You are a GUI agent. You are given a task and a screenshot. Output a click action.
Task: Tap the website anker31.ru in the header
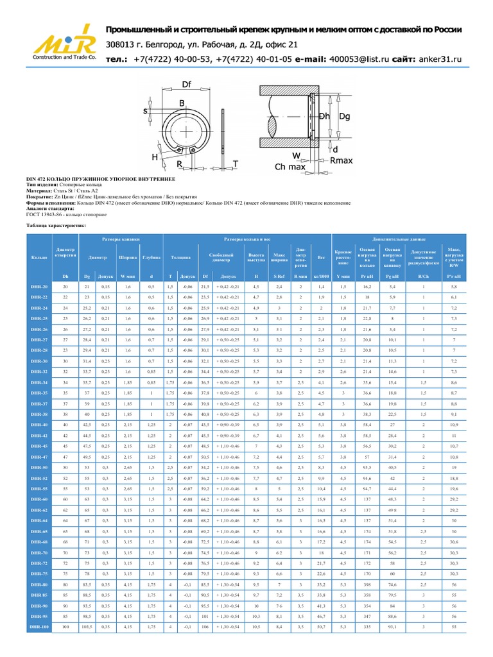coord(440,59)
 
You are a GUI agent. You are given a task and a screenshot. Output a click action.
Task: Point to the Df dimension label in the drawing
coord(187,84)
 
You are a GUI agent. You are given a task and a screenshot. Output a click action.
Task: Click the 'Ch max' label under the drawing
coord(290,167)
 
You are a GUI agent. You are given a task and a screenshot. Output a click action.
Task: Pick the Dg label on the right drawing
coord(345,117)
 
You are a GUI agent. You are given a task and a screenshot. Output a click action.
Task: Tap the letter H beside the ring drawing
coord(155,156)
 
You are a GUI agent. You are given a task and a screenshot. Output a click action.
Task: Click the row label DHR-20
coord(39,287)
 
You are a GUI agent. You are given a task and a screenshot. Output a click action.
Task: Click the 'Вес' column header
coord(321,257)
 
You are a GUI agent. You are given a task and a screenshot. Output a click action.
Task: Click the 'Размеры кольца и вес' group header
coord(246,237)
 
